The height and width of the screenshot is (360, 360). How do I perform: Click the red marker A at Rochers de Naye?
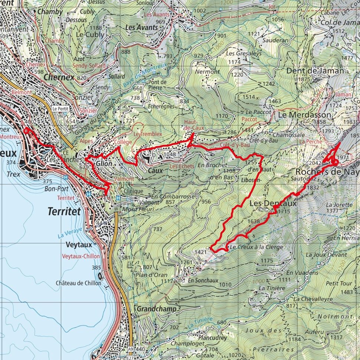tap(336, 162)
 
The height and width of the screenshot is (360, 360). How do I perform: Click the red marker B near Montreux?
tap(26, 131)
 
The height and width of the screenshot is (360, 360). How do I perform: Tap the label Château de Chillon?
tap(78, 283)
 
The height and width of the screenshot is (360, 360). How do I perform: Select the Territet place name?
tap(64, 212)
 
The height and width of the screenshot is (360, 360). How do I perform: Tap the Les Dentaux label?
tap(273, 203)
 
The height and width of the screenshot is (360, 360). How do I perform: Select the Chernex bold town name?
tap(59, 77)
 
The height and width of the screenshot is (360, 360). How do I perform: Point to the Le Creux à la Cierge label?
tap(256, 247)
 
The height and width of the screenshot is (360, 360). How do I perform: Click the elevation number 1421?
tap(201, 252)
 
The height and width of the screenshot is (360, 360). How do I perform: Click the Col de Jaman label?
tap(336, 23)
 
